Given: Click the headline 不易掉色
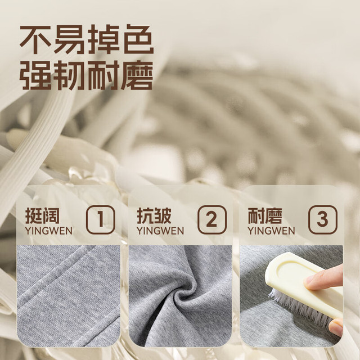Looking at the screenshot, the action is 87,39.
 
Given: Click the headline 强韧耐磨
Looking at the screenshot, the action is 87,75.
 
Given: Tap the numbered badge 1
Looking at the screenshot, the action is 101,220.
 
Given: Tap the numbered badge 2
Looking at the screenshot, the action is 212,220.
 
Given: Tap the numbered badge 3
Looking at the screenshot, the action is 323,220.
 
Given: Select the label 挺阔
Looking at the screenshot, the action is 42,215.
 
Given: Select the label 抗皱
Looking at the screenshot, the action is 154,215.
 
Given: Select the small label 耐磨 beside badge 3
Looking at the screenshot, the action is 265,215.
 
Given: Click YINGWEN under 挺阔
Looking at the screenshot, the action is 49,231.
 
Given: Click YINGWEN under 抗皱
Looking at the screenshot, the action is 160,231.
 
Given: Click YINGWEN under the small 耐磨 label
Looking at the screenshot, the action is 271,231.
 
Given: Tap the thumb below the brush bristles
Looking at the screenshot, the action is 336,327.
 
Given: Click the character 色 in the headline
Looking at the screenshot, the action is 139,39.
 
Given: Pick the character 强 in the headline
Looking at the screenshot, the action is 35,75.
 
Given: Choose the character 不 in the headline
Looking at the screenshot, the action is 35,39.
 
